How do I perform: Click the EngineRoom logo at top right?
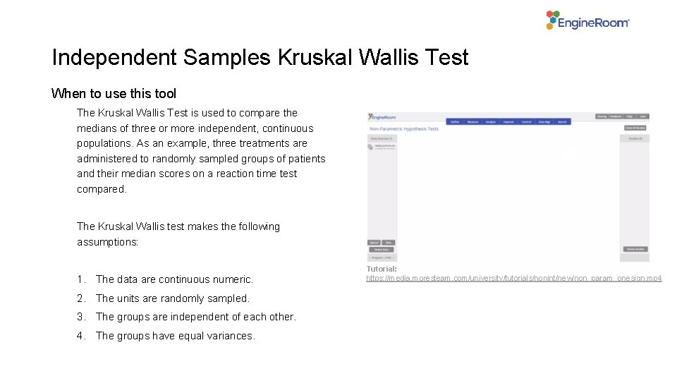coord(587,20)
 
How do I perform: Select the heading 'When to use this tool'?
coord(114,94)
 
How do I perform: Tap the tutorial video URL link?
coord(513,279)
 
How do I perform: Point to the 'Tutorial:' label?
coord(382,269)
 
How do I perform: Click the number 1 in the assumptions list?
coord(81,279)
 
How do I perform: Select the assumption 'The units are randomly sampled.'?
coord(172,298)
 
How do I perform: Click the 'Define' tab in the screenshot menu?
coord(456,122)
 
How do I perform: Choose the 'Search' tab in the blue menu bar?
coord(562,122)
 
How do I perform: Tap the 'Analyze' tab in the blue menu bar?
coord(491,122)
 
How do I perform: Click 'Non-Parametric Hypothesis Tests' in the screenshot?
coord(404,129)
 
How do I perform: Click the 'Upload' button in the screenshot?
coord(374,243)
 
